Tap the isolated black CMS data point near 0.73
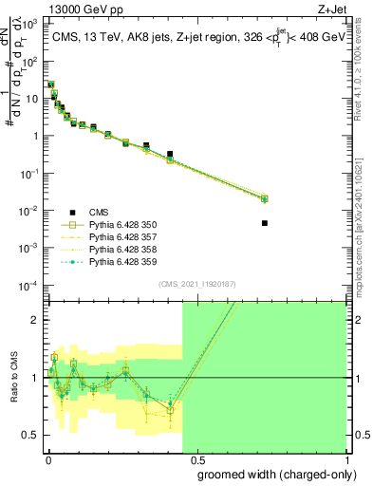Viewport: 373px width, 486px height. click(x=264, y=223)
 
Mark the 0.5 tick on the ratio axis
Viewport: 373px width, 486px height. click(x=30, y=435)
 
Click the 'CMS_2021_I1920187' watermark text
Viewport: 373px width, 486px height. click(x=197, y=283)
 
